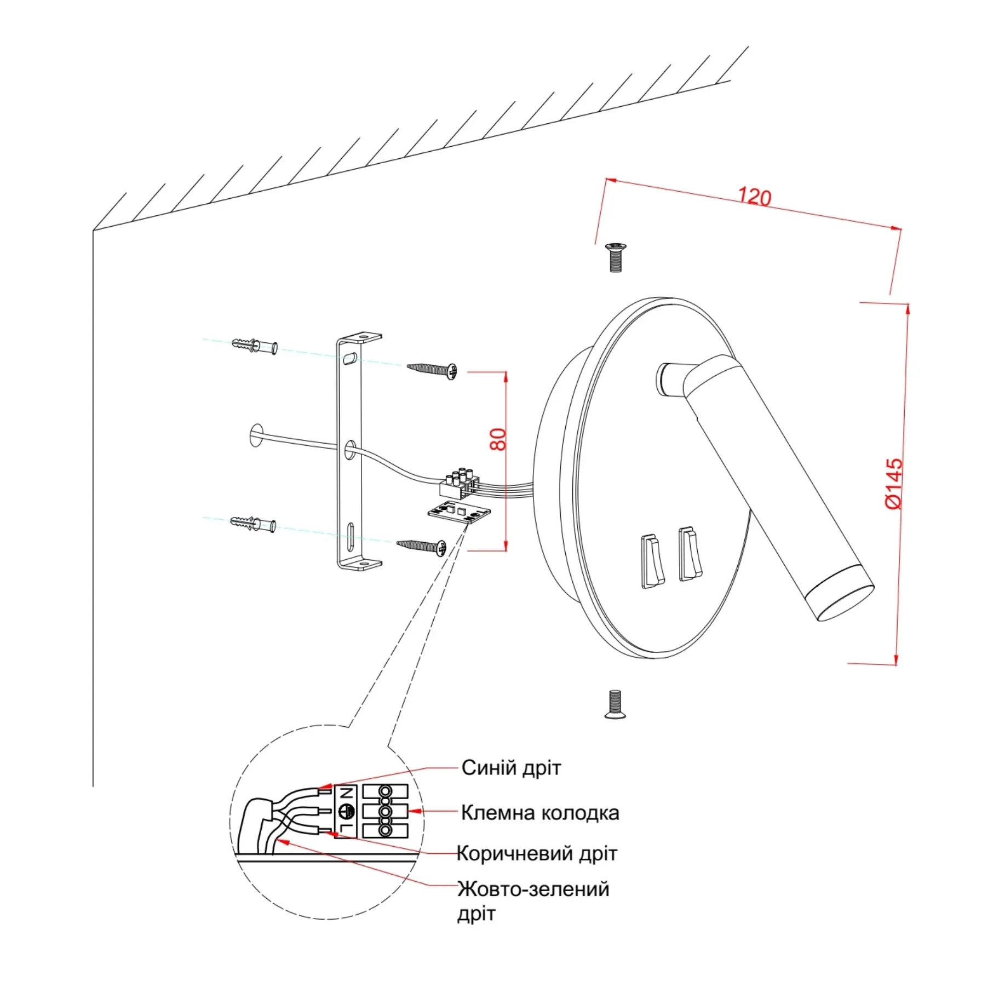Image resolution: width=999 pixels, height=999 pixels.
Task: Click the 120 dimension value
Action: pyautogui.click(x=754, y=197)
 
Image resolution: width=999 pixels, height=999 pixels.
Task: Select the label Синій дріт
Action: pyautogui.click(x=511, y=768)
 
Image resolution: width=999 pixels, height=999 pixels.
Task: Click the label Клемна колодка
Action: pyautogui.click(x=540, y=813)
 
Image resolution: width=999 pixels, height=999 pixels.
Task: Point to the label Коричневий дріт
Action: pyautogui.click(x=537, y=853)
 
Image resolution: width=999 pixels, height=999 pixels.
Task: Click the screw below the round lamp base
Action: pyautogui.click(x=615, y=704)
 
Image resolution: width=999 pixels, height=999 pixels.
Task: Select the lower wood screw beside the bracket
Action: pyautogui.click(x=422, y=546)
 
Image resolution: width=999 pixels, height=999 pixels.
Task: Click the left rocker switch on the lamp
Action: pyautogui.click(x=652, y=561)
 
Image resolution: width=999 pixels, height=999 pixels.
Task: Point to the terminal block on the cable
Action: pyautogui.click(x=459, y=483)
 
